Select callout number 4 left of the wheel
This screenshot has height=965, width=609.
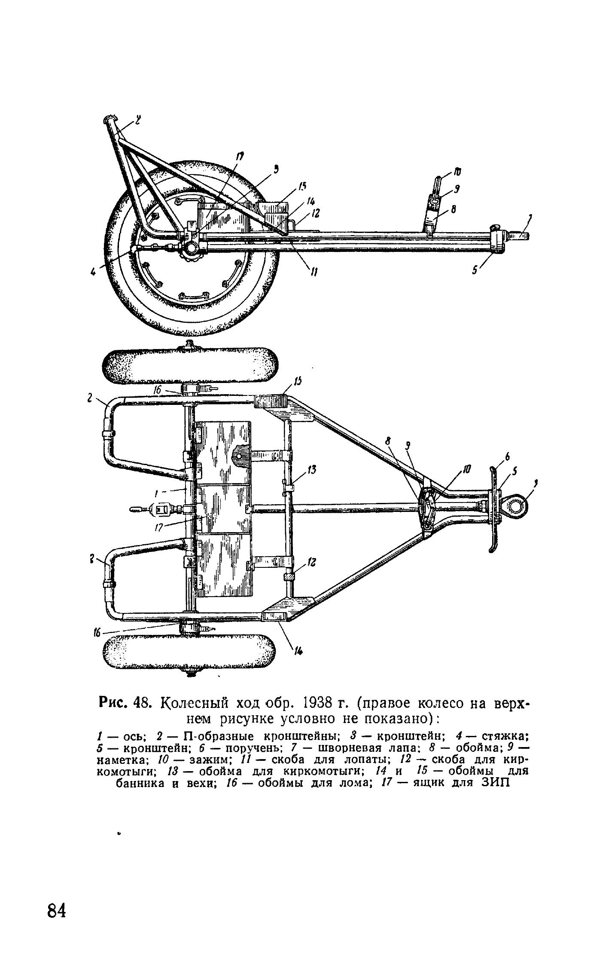[x=93, y=271]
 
